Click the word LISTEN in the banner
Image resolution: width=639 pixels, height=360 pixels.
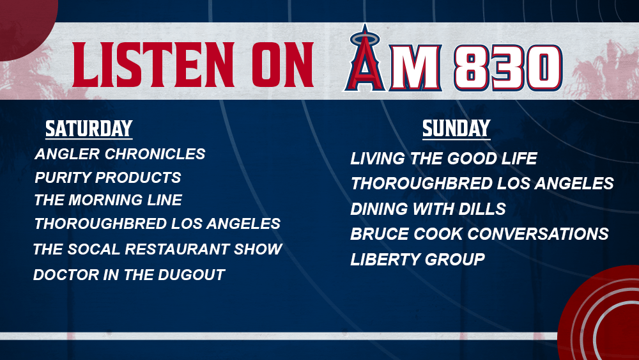pos(153,65)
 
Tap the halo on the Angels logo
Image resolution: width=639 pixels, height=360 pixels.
pos(365,39)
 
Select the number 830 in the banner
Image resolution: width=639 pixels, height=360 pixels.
pos(508,68)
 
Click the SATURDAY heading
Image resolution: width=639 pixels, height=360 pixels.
pos(89,129)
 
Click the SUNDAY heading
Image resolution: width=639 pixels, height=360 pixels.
pos(456,129)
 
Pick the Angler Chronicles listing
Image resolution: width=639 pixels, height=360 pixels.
pos(120,154)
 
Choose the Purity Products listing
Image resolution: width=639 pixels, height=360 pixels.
pos(108,178)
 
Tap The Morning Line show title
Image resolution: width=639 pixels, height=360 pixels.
pos(108,200)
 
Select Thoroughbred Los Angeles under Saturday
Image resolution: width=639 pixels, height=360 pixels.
pos(157,224)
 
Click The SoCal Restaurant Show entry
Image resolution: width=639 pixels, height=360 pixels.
pos(158,249)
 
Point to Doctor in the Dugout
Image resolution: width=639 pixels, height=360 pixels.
pos(129,275)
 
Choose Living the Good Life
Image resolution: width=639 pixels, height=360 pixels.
pos(444,159)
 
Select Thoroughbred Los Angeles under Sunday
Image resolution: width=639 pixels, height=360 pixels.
pos(482,184)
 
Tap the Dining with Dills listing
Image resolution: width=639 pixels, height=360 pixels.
pos(428,209)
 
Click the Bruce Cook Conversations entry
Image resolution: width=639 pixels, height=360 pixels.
pos(480,234)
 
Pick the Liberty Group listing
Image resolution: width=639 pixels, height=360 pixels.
pos(418,260)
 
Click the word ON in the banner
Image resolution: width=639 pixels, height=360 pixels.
pos(283,65)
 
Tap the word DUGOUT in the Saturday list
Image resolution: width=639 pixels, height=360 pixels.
pos(192,275)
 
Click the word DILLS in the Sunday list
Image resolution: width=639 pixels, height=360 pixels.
pos(482,209)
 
